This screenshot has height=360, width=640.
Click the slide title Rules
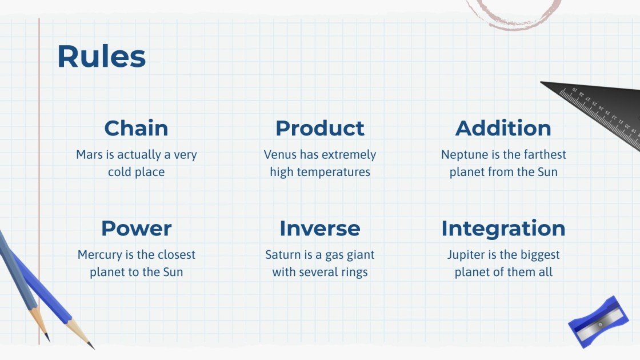click(102, 56)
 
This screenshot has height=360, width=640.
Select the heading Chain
click(137, 128)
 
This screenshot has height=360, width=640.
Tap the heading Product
click(320, 128)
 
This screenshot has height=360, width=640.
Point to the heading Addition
click(503, 128)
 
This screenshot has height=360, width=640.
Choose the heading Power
click(137, 228)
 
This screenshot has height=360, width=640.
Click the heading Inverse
click(320, 228)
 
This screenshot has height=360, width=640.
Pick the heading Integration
click(503, 229)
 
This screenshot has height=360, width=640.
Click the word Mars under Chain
click(89, 155)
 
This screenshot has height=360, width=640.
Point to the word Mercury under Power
click(100, 255)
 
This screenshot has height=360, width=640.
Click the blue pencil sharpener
click(598, 322)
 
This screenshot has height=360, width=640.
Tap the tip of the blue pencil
click(94, 349)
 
